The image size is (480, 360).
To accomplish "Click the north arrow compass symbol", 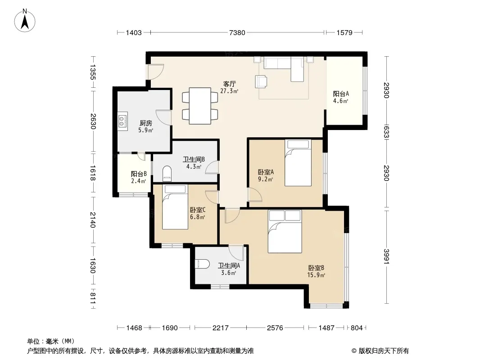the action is (25, 21).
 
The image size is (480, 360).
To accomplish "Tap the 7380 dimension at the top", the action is (237, 32).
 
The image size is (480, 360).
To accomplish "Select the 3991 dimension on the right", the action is (387, 256).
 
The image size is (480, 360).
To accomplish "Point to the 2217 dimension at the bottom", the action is (220, 328).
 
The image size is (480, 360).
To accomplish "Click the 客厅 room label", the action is (229, 84).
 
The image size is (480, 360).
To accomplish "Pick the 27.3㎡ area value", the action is (229, 91).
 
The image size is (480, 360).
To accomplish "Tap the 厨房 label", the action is (146, 123).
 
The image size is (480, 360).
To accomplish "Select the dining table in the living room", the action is (200, 106).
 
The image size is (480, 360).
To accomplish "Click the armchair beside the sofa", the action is (261, 81).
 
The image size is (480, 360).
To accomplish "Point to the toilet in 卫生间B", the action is (167, 173).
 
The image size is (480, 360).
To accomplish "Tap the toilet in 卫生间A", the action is (202, 264).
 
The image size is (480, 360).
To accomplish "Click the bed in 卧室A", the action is (298, 163).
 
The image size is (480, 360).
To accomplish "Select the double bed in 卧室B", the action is (285, 232).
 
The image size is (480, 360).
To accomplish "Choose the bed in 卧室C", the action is (175, 207).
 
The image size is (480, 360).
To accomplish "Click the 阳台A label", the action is (341, 94).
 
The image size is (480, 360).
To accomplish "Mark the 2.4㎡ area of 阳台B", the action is (138, 181).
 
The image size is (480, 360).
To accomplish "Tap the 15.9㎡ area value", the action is (316, 275).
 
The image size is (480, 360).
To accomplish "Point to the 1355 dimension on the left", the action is (92, 72).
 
